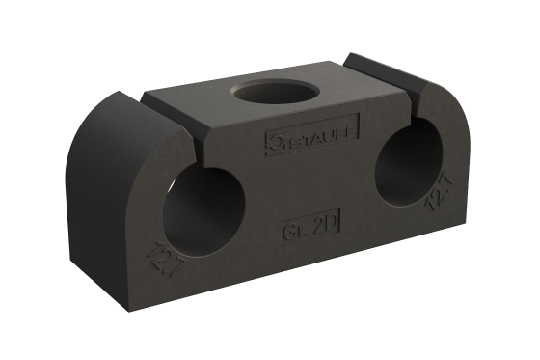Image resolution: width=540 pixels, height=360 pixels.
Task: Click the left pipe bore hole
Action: [203, 209]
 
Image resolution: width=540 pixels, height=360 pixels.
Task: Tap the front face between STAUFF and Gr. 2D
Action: [309, 183]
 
